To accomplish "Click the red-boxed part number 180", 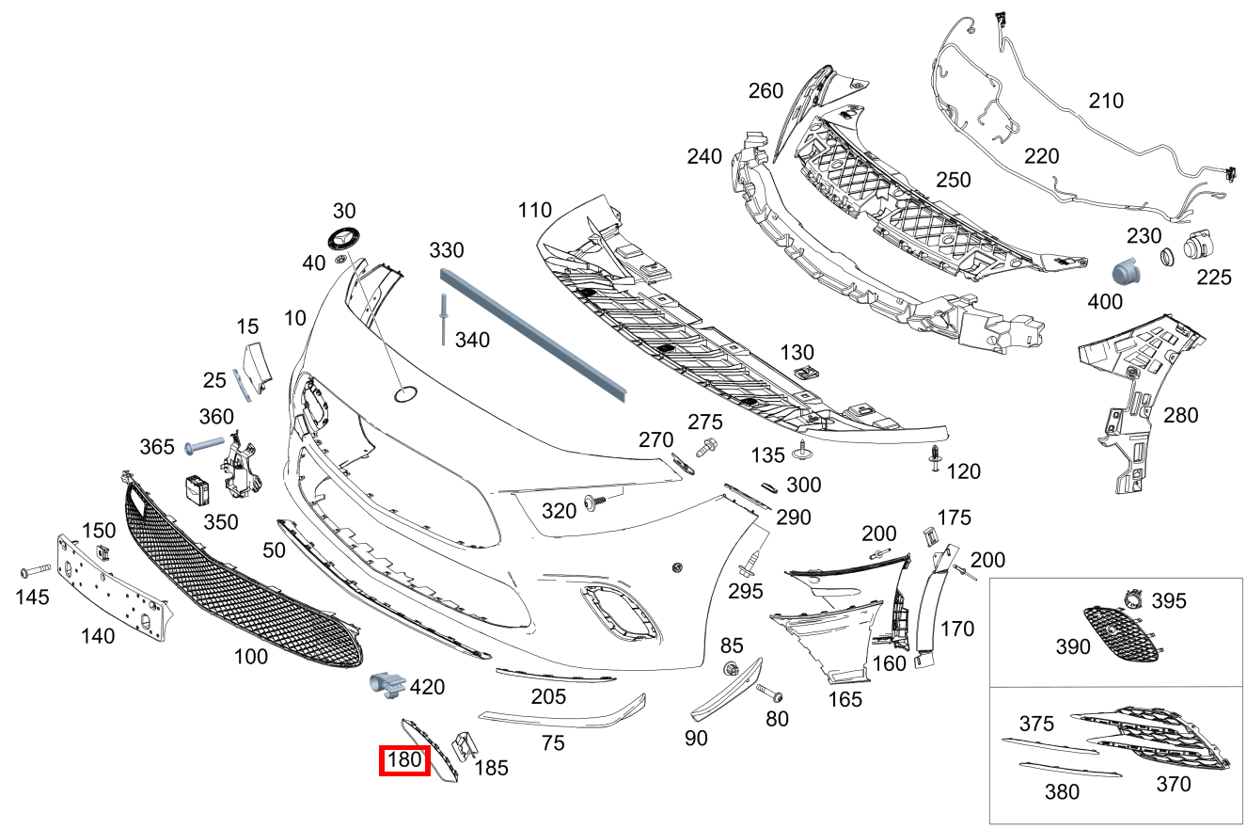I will pyautogui.click(x=403, y=760).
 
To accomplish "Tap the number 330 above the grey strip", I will pyautogui.click(x=447, y=250).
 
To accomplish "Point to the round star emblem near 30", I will pyautogui.click(x=344, y=240).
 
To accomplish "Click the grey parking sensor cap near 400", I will pyautogui.click(x=1125, y=270).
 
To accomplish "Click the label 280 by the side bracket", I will pyautogui.click(x=1181, y=415).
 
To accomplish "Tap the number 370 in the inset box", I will pyautogui.click(x=1173, y=782).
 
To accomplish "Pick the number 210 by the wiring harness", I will pyautogui.click(x=1106, y=100).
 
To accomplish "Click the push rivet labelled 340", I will pyautogui.click(x=441, y=321).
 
